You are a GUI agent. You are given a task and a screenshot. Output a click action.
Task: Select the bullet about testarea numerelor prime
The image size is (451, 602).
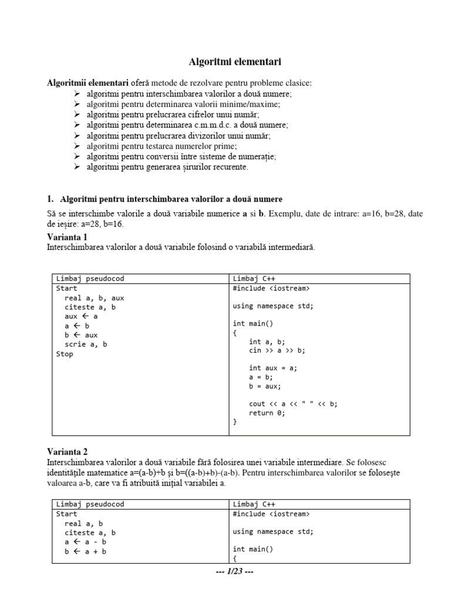pos(161,146)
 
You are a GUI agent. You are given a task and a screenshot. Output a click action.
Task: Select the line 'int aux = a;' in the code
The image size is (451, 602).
pos(273,368)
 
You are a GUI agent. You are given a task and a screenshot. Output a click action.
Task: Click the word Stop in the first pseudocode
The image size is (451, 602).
pos(65,354)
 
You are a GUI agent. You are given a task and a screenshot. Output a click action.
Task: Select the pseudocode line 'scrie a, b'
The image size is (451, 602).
pos(86,345)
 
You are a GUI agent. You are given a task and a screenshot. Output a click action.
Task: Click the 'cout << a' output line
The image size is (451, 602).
pos(294,403)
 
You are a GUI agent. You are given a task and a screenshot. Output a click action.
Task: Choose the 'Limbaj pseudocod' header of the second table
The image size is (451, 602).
pos(90,504)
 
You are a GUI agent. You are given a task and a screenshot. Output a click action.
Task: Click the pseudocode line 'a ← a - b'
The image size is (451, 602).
pos(85,542)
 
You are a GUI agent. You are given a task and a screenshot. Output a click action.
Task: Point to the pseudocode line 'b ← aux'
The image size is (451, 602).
pos(82,335)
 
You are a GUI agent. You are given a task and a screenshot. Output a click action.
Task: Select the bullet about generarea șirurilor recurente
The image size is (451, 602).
pos(167,167)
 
